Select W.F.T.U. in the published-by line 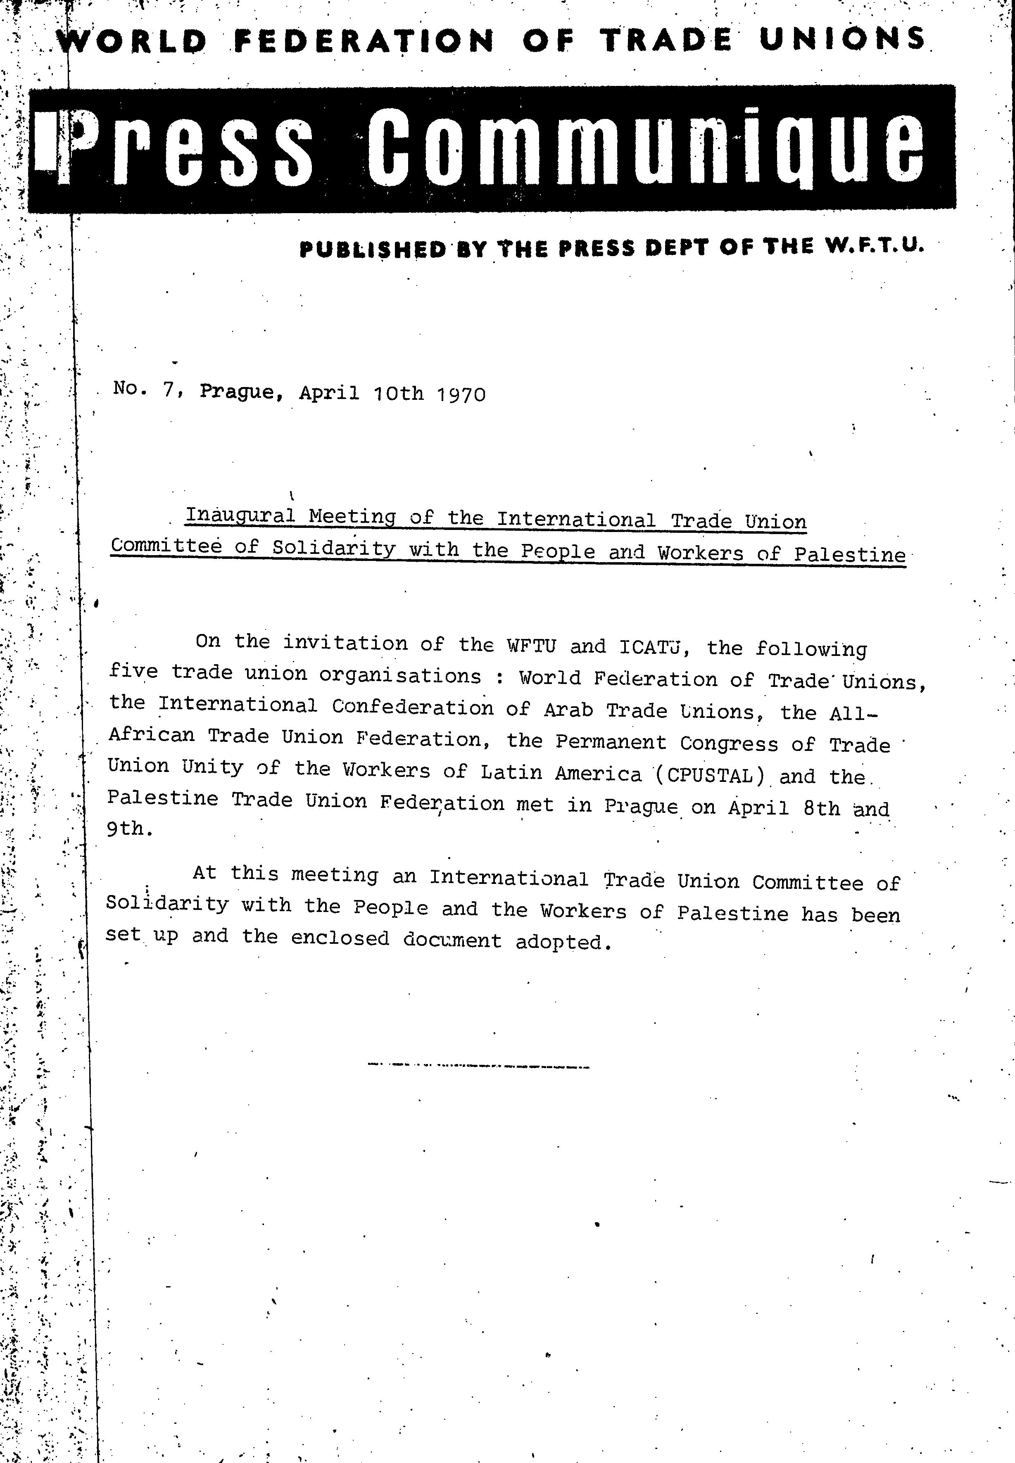(875, 245)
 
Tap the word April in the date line (329, 392)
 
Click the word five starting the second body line (133, 672)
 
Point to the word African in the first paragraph (151, 734)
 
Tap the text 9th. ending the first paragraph (129, 829)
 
